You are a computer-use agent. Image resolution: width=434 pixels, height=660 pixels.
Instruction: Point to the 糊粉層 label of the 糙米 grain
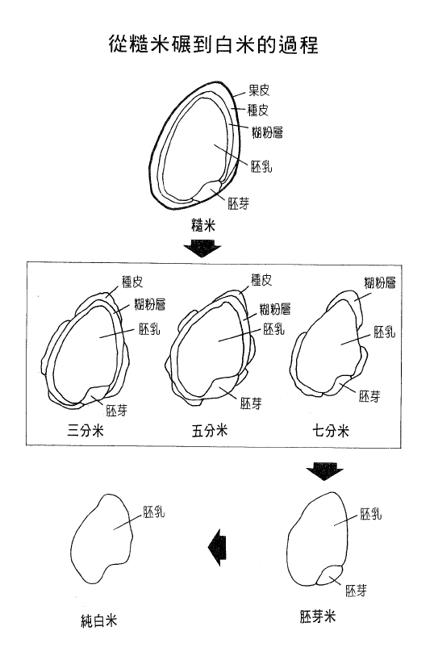[x=267, y=132]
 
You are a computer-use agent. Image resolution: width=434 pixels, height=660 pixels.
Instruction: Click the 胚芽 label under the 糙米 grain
[x=239, y=203]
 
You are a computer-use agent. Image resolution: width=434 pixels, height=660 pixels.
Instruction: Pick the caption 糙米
[x=203, y=227]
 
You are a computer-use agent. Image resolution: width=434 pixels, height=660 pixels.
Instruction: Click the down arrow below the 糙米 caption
[x=201, y=249]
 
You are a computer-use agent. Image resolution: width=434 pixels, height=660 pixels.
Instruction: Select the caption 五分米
[x=210, y=431]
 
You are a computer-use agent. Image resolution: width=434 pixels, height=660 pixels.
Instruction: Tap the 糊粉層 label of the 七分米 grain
[x=379, y=282]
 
